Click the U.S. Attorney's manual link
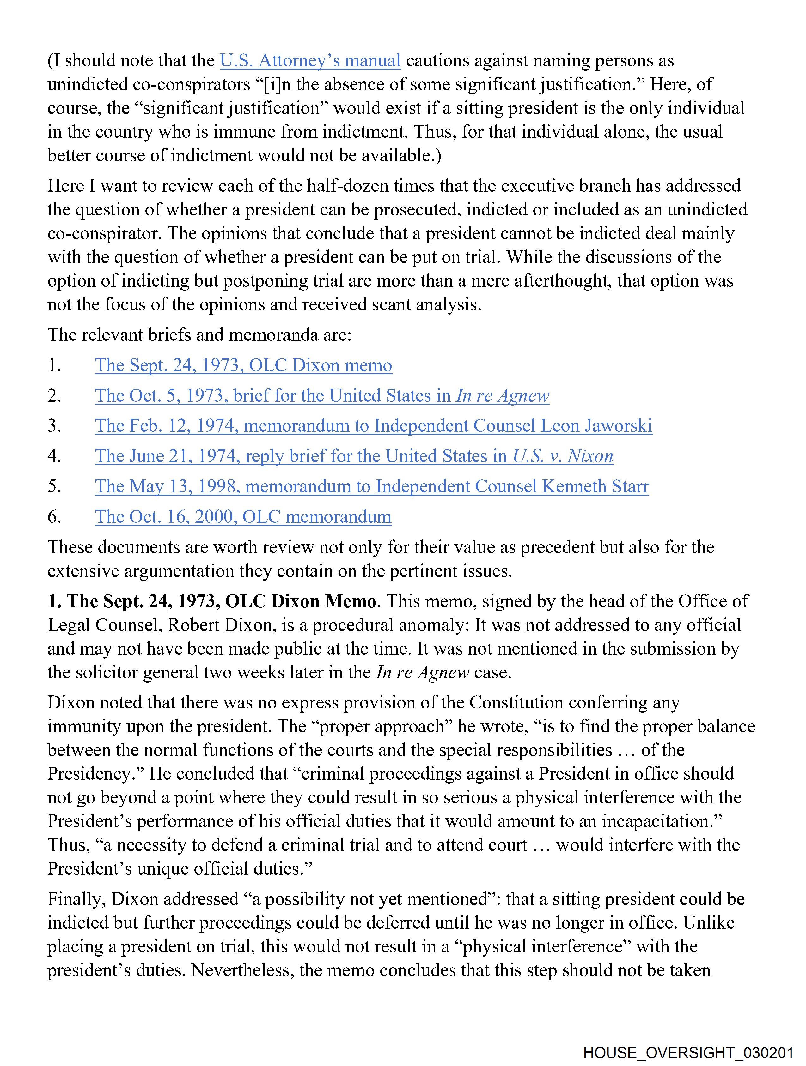pos(310,61)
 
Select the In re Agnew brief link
pos(322,396)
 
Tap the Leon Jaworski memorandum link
pos(373,426)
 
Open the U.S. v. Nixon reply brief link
pos(354,456)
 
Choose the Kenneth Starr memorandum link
pos(372,486)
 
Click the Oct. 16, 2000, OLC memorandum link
pos(243,517)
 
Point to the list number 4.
pos(54,456)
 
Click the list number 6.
pos(54,517)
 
